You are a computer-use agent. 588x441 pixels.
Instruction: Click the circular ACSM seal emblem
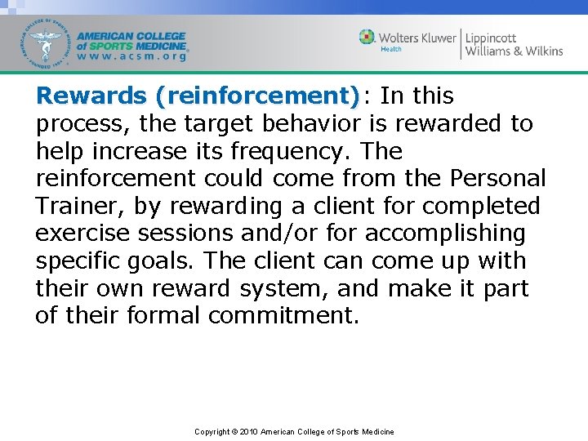coord(48,42)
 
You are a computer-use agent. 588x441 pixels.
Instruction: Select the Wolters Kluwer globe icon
coord(367,37)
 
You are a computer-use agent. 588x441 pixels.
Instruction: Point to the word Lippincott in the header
coord(492,38)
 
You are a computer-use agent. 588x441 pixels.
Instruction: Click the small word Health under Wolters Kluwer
coord(391,49)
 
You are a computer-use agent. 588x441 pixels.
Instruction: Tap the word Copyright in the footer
coord(212,431)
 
